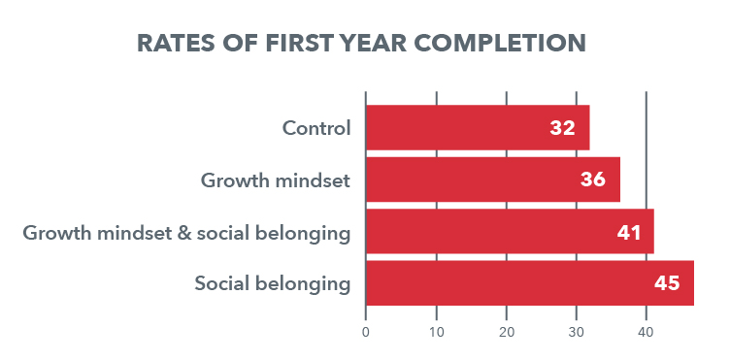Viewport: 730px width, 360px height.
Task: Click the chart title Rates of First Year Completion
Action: tap(361, 44)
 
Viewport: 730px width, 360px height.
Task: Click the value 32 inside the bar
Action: tap(562, 128)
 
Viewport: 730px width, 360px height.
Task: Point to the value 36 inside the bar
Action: tap(593, 180)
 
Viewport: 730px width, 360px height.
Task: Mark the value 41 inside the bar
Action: tap(628, 233)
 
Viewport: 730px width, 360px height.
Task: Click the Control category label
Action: tap(315, 128)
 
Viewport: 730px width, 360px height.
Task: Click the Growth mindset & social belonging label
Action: tap(186, 233)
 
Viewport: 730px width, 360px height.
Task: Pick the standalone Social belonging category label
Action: tap(272, 284)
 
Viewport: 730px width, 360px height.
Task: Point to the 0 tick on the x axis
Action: tap(366, 333)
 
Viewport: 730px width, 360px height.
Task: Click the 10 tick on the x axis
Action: tap(436, 333)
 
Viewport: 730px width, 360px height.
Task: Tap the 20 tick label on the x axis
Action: tap(507, 333)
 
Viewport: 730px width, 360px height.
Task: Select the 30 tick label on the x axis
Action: tap(577, 333)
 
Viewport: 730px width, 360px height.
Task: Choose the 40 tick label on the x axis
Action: tap(647, 333)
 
